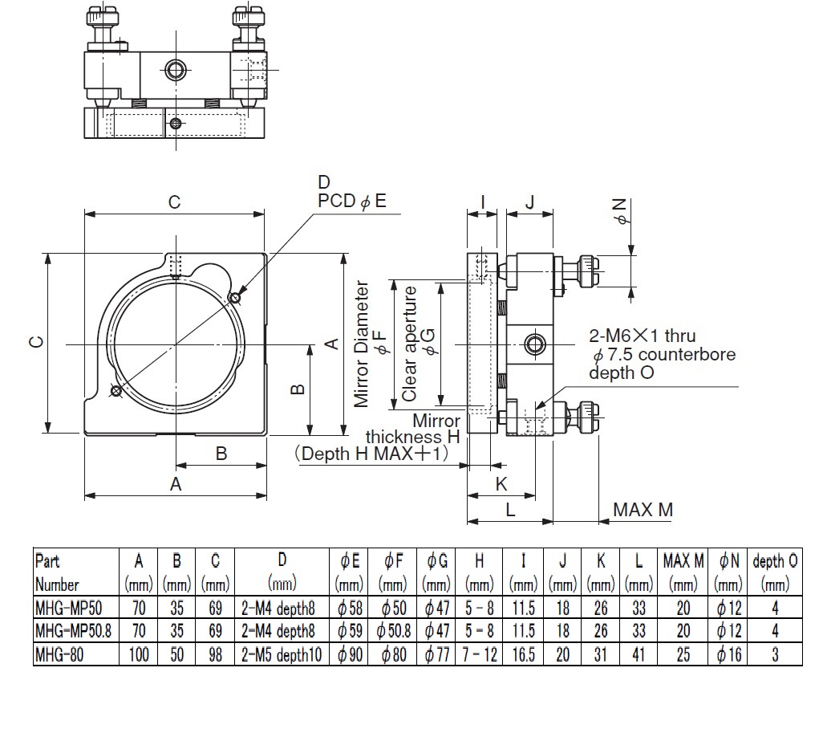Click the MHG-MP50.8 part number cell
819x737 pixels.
73,631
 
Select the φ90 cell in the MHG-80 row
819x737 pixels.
349,654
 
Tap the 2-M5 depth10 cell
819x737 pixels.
282,654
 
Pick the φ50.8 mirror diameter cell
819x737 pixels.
393,631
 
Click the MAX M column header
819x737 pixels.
683,561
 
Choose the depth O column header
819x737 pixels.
775,561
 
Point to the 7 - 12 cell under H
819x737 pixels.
480,654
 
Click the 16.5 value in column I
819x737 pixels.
523,654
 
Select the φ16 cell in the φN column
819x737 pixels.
728,654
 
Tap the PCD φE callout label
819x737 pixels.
352,201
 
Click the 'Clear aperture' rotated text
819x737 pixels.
409,344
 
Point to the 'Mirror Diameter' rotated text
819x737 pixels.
361,344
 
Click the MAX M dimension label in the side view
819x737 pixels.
643,510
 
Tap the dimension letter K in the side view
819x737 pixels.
501,484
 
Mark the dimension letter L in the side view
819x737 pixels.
510,510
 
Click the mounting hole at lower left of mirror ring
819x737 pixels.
116,390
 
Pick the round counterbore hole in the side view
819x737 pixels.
534,344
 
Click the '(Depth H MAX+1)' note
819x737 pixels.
371,453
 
